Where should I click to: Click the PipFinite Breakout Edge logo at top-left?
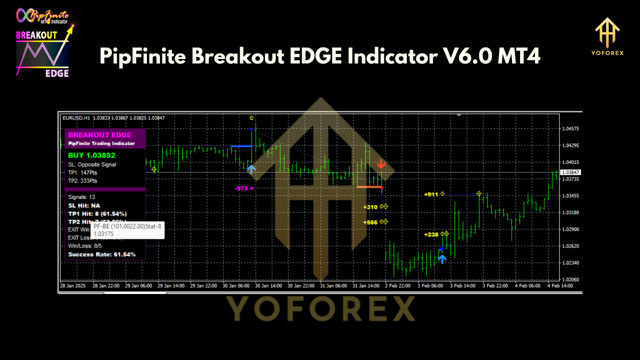tap(44, 43)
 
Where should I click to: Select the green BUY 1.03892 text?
tap(92, 155)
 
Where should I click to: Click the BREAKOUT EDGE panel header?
tap(100, 135)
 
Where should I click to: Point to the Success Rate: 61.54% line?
tap(101, 254)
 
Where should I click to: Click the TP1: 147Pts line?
tap(82, 172)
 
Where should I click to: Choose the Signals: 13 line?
tap(81, 197)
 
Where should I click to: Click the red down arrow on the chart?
tap(381, 164)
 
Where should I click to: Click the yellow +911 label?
tap(430, 194)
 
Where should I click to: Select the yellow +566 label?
tap(370, 222)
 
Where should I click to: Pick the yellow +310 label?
tap(370, 207)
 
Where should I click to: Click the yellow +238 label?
tap(430, 234)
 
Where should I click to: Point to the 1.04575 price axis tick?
tap(570, 128)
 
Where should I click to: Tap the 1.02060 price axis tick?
tap(570, 279)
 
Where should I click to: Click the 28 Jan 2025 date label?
tap(73, 285)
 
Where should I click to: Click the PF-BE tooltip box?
tap(127, 230)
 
